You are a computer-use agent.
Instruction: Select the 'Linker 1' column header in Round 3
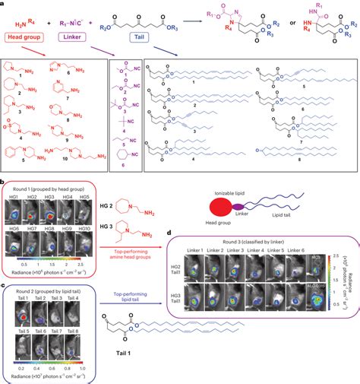coord(188,250)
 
